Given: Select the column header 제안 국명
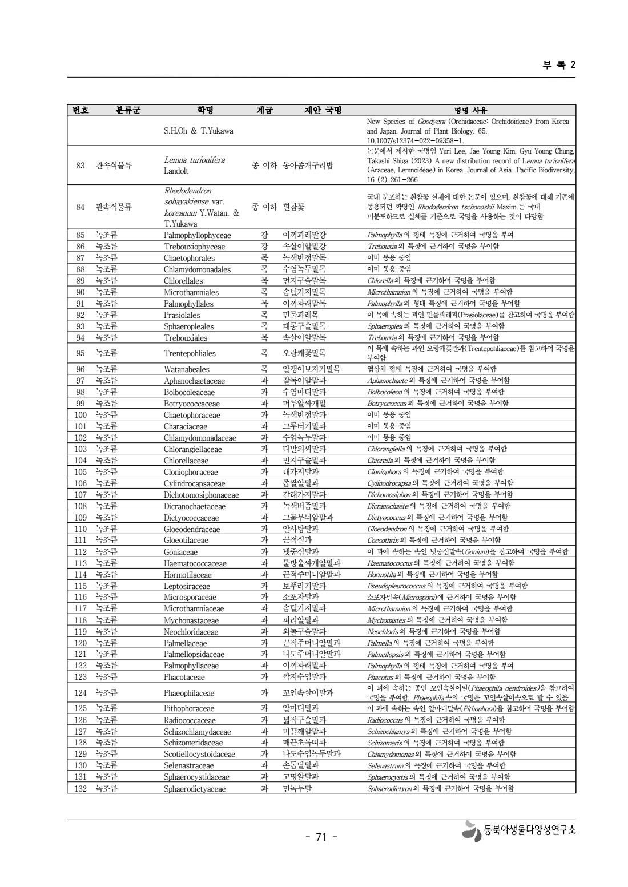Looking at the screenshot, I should (x=323, y=110).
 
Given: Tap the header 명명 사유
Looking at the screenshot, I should (x=470, y=110).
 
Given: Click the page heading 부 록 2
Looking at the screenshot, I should (x=559, y=64).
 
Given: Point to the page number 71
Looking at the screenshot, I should (x=321, y=837).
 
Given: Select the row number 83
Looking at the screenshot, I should (x=80, y=166).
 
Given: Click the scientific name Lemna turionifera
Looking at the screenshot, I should (x=194, y=160).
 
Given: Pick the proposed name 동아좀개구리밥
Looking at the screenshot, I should (x=308, y=166).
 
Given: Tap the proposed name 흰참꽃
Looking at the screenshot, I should (x=294, y=207).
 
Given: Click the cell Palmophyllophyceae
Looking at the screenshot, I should (x=198, y=235).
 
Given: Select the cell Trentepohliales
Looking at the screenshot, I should (x=190, y=353).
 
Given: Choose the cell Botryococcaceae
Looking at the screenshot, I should (x=192, y=404).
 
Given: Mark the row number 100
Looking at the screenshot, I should (x=80, y=415).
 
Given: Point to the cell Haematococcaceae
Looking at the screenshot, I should (x=195, y=563).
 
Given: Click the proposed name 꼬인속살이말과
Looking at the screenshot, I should (x=308, y=693).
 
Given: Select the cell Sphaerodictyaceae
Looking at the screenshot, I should (x=195, y=789).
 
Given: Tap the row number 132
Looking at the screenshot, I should (x=80, y=789).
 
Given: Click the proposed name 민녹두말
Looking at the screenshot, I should (x=297, y=789).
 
